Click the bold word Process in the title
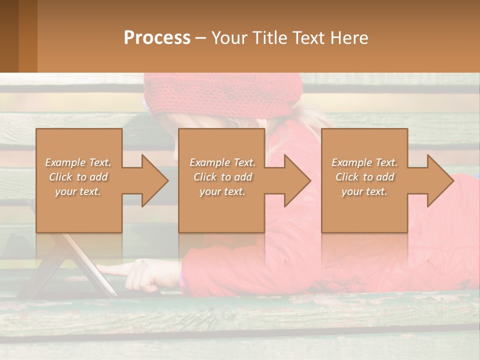point(157,38)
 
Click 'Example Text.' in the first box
point(78,162)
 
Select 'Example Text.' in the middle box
point(222,162)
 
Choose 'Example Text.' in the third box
point(364,162)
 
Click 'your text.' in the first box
point(78,191)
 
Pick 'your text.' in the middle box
point(222,191)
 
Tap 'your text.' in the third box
point(364,191)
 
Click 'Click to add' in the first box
point(78,177)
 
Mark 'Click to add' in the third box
point(364,177)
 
